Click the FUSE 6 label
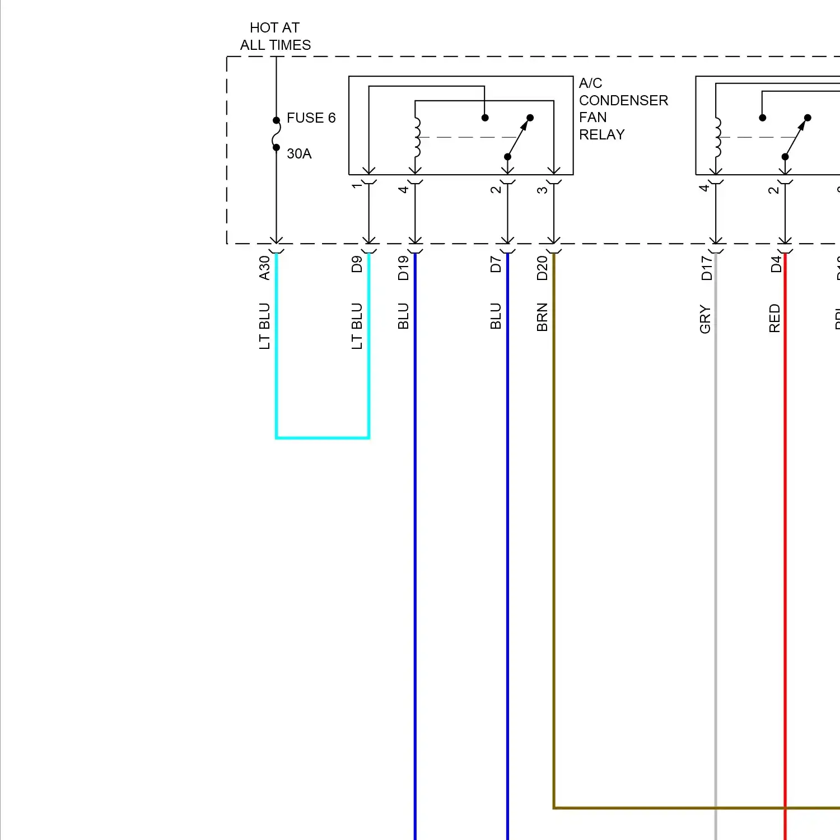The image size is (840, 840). point(311,118)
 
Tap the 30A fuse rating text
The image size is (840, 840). point(299,154)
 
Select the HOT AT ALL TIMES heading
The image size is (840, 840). point(275,36)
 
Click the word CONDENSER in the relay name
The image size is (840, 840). point(623,101)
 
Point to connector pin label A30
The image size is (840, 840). point(264,268)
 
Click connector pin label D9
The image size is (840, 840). point(357,264)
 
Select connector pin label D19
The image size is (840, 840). point(403,268)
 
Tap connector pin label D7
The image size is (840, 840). point(496,264)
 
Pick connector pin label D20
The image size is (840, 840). point(542,268)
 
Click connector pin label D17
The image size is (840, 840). point(707,268)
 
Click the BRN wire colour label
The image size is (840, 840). point(542,318)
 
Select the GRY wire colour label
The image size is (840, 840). point(705,320)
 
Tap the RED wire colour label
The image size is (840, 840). point(774,318)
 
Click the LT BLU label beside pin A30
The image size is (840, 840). point(264,326)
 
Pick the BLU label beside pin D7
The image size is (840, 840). point(496,316)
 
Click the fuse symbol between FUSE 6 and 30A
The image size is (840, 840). point(276,134)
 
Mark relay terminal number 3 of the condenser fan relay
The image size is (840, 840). point(542,190)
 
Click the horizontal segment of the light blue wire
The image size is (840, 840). point(323,437)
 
